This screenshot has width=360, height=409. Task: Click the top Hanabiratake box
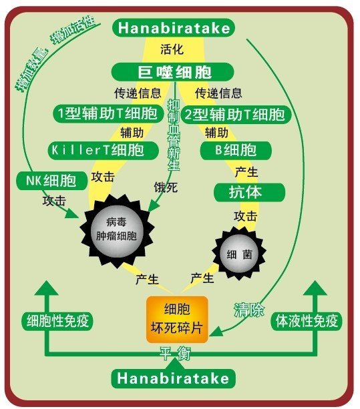coord(174,27)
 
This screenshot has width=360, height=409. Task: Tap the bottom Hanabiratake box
coord(174,378)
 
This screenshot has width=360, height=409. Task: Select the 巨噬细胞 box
coord(172,72)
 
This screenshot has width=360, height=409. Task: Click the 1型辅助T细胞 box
coord(108,113)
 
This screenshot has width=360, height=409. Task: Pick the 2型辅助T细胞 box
coord(236,114)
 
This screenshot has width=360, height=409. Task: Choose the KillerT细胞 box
coord(104,150)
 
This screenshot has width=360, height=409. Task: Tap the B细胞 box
coord(236,151)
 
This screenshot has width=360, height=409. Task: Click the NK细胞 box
coord(51,181)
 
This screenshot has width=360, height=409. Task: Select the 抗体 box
coord(249,192)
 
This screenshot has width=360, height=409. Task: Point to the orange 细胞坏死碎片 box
coord(177,320)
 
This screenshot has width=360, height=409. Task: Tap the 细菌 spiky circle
coord(239,254)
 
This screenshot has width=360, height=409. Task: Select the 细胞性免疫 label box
coord(57,321)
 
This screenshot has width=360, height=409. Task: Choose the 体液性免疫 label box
coord(307,321)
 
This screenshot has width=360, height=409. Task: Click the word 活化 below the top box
coord(172,49)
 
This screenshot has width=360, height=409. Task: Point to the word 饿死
coord(166,187)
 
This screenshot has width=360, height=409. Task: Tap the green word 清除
coord(249,310)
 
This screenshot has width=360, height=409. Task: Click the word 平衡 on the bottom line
coord(175,354)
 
